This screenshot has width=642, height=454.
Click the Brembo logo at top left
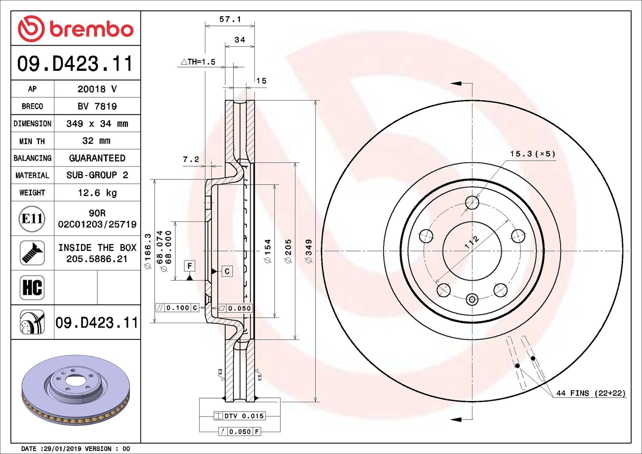pyautogui.click(x=75, y=28)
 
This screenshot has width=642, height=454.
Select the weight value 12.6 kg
pyautogui.click(x=97, y=193)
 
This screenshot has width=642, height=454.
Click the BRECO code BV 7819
pyautogui.click(x=97, y=106)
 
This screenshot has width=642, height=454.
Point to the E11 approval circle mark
pyautogui.click(x=32, y=219)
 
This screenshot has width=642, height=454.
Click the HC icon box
pyautogui.click(x=32, y=288)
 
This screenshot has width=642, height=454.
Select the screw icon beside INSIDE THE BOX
pyautogui.click(x=32, y=253)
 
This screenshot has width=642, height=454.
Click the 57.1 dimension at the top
pyautogui.click(x=230, y=19)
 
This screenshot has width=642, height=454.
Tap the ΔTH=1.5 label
pyautogui.click(x=198, y=62)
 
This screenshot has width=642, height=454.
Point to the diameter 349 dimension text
pyautogui.click(x=309, y=251)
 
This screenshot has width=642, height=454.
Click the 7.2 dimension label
pyautogui.click(x=191, y=159)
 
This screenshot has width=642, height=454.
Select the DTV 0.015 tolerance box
pyautogui.click(x=240, y=416)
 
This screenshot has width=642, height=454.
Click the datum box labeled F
pyautogui.click(x=190, y=265)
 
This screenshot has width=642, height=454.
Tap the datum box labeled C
pyautogui.click(x=227, y=271)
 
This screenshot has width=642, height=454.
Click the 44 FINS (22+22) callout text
pyautogui.click(x=591, y=393)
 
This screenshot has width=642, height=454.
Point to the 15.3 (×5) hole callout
pyautogui.click(x=532, y=154)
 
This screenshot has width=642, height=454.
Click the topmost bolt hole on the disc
pyautogui.click(x=472, y=203)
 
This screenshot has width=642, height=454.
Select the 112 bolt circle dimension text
pyautogui.click(x=472, y=242)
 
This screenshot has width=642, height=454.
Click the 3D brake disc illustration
pyautogui.click(x=76, y=390)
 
